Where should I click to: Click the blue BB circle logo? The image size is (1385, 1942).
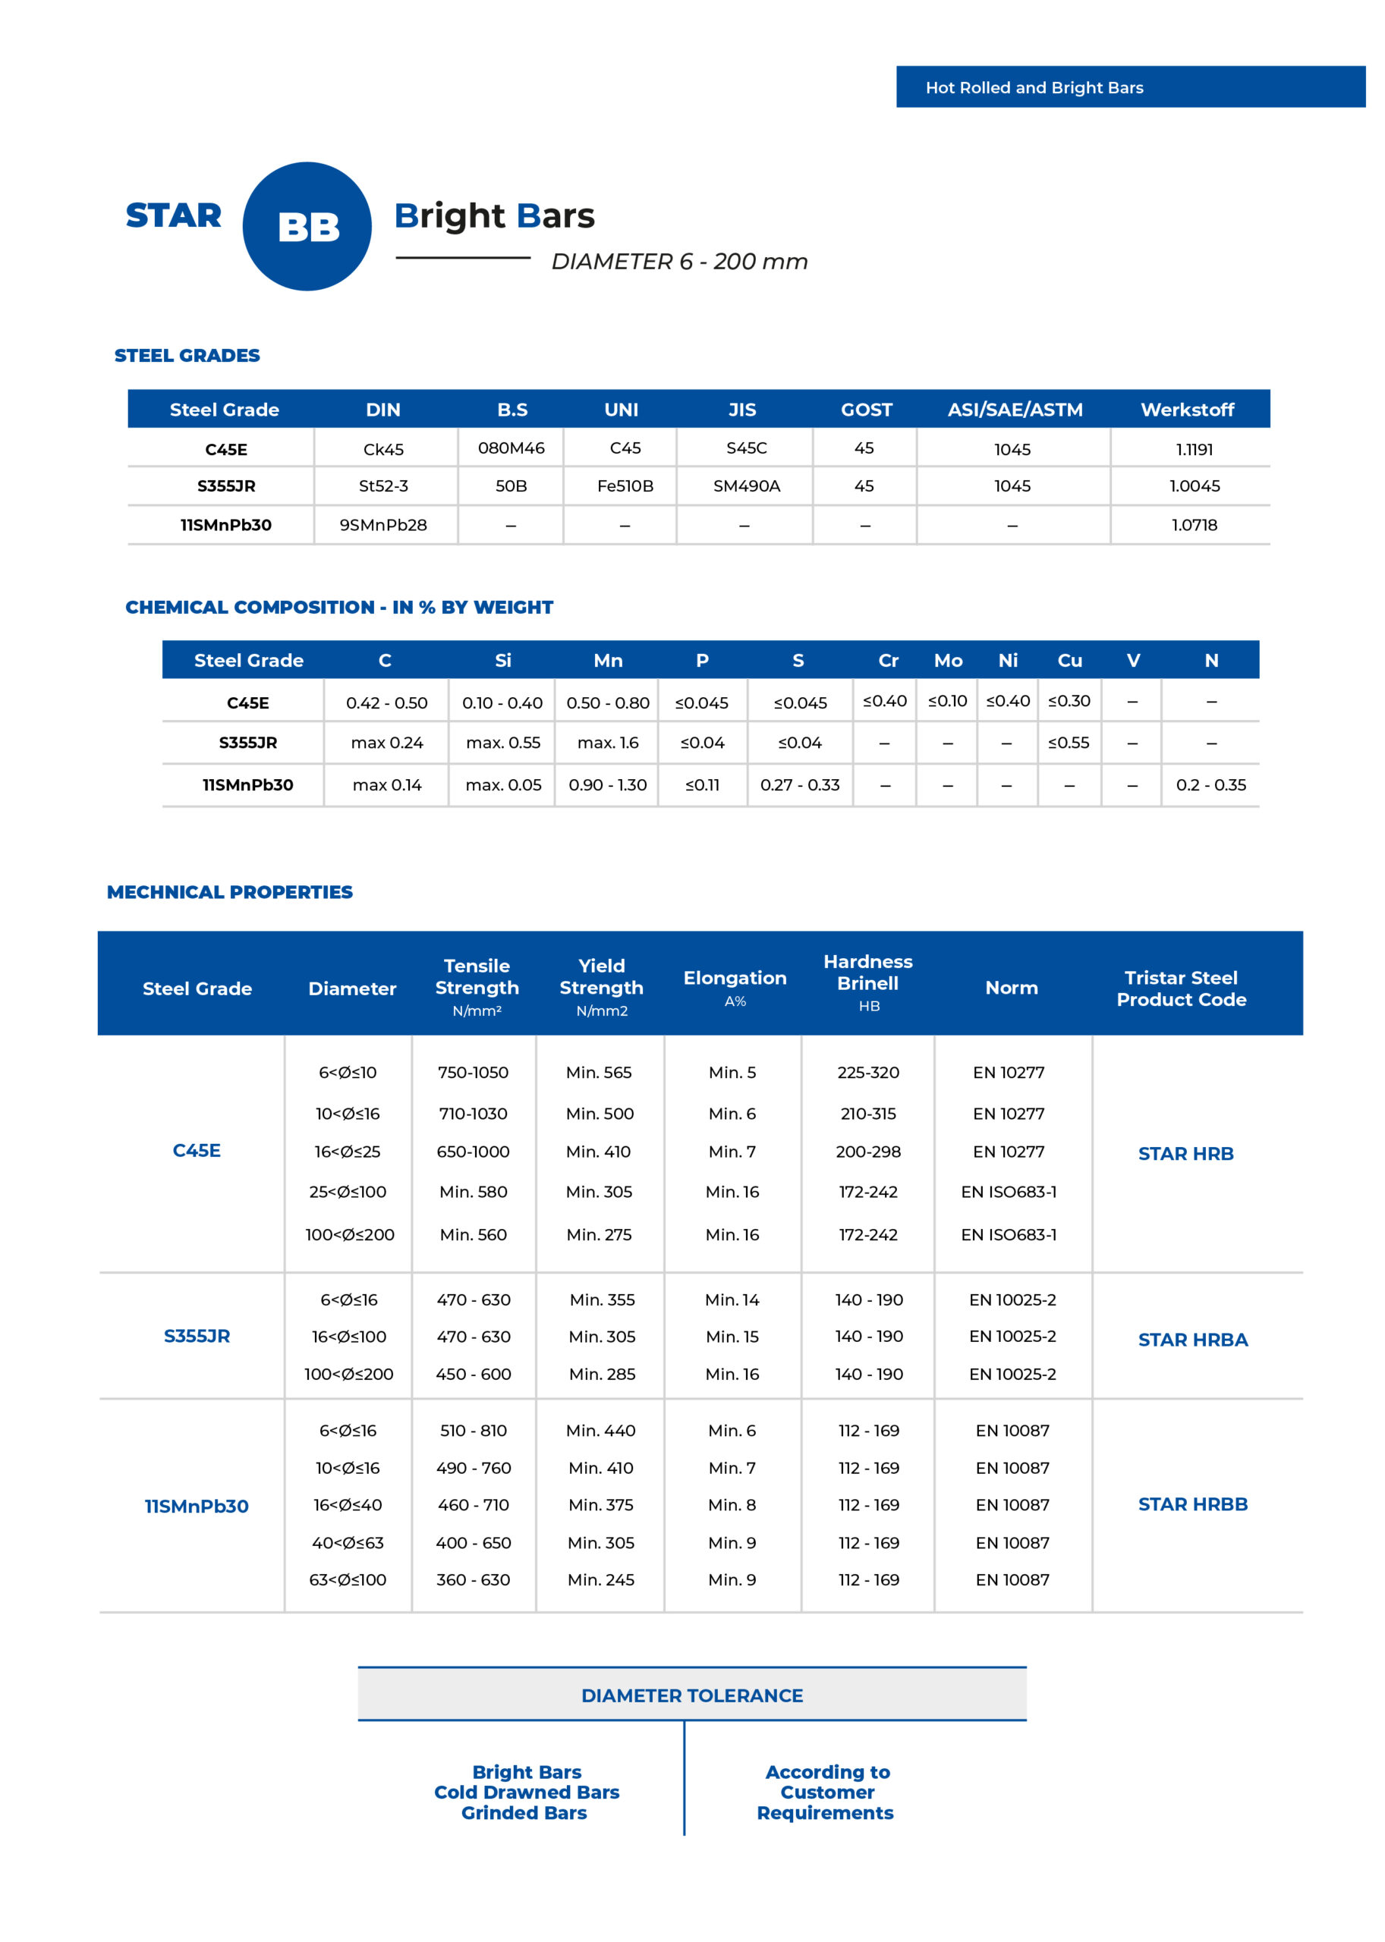pyautogui.click(x=307, y=226)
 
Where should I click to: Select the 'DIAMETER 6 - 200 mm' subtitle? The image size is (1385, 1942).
pyautogui.click(x=679, y=262)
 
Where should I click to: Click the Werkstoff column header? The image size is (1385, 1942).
pyautogui.click(x=1187, y=410)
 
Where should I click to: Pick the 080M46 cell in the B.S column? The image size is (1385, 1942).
pyautogui.click(x=511, y=448)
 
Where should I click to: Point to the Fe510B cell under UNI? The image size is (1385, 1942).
pyautogui.click(x=625, y=486)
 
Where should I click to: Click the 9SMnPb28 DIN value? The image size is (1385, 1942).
pyautogui.click(x=383, y=525)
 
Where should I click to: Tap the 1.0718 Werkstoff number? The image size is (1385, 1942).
pyautogui.click(x=1194, y=525)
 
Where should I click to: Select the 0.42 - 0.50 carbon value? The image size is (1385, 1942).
pyautogui.click(x=386, y=703)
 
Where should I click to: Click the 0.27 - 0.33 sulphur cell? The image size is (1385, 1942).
pyautogui.click(x=799, y=785)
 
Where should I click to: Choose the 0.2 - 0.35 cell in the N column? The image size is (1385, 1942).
pyautogui.click(x=1210, y=785)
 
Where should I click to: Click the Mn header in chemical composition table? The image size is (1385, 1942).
pyautogui.click(x=607, y=661)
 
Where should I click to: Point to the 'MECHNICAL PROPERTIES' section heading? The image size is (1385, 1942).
pyautogui.click(x=229, y=891)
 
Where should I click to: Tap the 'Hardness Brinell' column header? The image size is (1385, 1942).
pyautogui.click(x=867, y=973)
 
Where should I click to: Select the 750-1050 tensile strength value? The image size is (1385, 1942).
pyautogui.click(x=473, y=1073)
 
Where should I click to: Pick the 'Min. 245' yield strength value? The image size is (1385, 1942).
pyautogui.click(x=600, y=1579)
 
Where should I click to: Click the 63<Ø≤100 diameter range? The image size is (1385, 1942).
pyautogui.click(x=347, y=1579)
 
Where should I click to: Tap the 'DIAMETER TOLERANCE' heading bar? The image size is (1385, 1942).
pyautogui.click(x=691, y=1695)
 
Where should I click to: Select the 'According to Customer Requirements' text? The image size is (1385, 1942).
pyautogui.click(x=826, y=1792)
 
